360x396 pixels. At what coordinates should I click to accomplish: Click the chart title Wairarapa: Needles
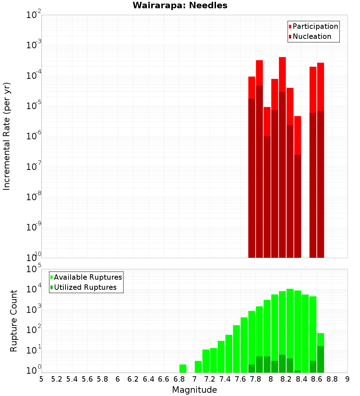[x=180, y=5]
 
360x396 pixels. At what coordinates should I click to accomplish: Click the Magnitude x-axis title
[x=194, y=390]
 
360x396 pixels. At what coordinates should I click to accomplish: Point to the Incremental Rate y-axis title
[x=7, y=136]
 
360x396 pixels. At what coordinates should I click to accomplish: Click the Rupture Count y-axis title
[x=14, y=321]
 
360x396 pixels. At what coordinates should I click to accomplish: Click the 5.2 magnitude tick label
[x=57, y=379]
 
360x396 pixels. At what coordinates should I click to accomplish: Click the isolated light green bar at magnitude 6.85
[x=183, y=369]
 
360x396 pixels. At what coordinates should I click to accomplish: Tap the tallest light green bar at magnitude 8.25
[x=290, y=324]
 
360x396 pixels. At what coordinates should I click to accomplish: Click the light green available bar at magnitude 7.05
[x=198, y=367]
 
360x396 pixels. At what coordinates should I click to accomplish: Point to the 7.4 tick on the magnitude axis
[x=225, y=379]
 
